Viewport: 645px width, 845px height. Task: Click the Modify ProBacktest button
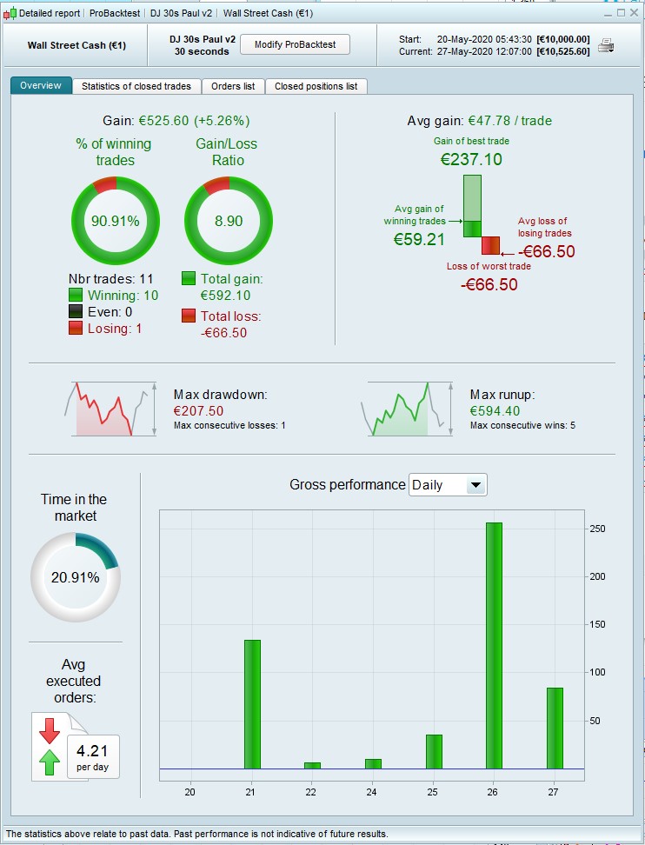pos(295,44)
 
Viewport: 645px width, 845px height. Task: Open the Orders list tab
pos(233,86)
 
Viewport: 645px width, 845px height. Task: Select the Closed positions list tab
pos(316,86)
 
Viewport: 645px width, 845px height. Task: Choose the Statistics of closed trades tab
pos(137,86)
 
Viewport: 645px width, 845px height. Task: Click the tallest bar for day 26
pos(494,645)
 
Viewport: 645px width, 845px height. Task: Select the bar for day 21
pos(252,704)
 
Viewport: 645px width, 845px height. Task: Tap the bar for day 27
pos(555,728)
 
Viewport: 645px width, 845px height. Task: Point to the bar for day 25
pos(434,751)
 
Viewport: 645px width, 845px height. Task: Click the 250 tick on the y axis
pos(597,529)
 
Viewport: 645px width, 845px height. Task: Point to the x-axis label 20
pos(190,791)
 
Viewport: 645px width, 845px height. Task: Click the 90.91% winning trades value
pos(116,221)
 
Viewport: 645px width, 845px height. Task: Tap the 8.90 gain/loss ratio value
pos(229,221)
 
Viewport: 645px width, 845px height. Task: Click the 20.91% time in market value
pos(75,576)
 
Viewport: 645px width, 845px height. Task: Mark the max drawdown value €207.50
pos(199,411)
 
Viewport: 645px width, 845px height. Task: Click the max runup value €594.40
pos(495,411)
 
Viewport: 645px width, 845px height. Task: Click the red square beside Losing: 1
pos(75,329)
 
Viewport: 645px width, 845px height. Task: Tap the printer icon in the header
pos(606,45)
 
